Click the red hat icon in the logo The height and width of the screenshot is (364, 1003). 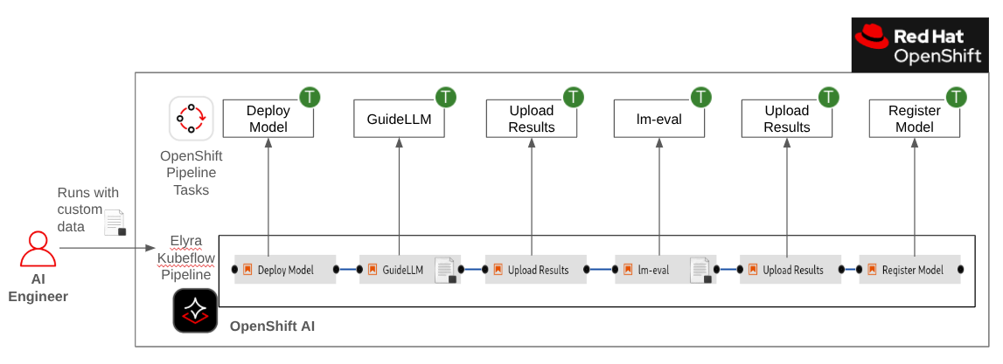(x=871, y=36)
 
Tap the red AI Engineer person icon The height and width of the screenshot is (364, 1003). (x=38, y=249)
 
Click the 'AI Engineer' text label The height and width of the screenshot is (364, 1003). (x=38, y=289)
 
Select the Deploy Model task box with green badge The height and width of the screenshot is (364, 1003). (x=268, y=119)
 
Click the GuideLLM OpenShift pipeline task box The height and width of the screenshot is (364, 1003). (x=399, y=119)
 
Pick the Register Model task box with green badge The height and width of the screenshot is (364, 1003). (x=914, y=119)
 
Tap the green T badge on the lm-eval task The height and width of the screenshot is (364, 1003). (x=700, y=97)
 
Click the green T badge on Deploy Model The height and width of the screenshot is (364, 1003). (x=310, y=97)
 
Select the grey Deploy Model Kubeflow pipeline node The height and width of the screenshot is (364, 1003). (x=284, y=270)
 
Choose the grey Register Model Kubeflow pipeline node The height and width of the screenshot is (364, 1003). (x=909, y=270)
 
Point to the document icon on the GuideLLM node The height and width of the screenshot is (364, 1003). (x=446, y=270)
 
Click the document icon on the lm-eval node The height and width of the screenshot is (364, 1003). (x=701, y=270)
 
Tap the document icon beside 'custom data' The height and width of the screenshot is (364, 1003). (x=115, y=223)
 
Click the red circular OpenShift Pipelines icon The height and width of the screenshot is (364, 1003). (x=191, y=118)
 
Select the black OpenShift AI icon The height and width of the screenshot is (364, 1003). (x=195, y=311)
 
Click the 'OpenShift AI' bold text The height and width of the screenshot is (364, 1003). (x=272, y=326)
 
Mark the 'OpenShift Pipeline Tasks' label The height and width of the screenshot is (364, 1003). (x=191, y=173)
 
